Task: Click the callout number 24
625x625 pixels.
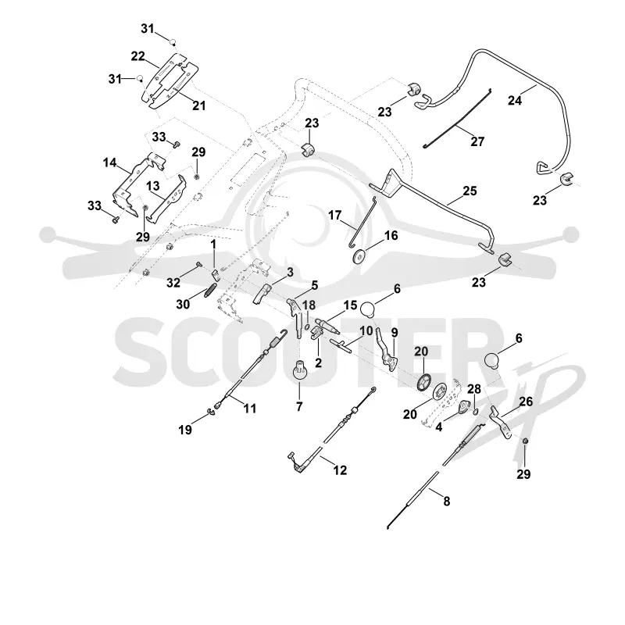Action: (x=515, y=100)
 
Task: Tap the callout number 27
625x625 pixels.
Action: (x=477, y=141)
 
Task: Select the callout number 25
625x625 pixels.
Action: (x=470, y=191)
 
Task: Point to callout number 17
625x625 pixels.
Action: (x=335, y=216)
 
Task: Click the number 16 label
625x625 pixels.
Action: (x=391, y=236)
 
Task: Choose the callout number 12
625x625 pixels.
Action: (x=340, y=470)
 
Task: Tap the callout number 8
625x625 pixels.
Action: (x=446, y=501)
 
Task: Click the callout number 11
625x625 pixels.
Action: (x=249, y=409)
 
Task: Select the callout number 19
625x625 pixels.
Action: (x=185, y=430)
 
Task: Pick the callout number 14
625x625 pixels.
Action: (x=109, y=162)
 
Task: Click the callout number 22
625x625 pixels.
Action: (x=138, y=56)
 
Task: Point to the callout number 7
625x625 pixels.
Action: (x=299, y=406)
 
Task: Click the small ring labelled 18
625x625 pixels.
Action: (x=307, y=327)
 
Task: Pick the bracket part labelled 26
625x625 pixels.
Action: (x=500, y=423)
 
